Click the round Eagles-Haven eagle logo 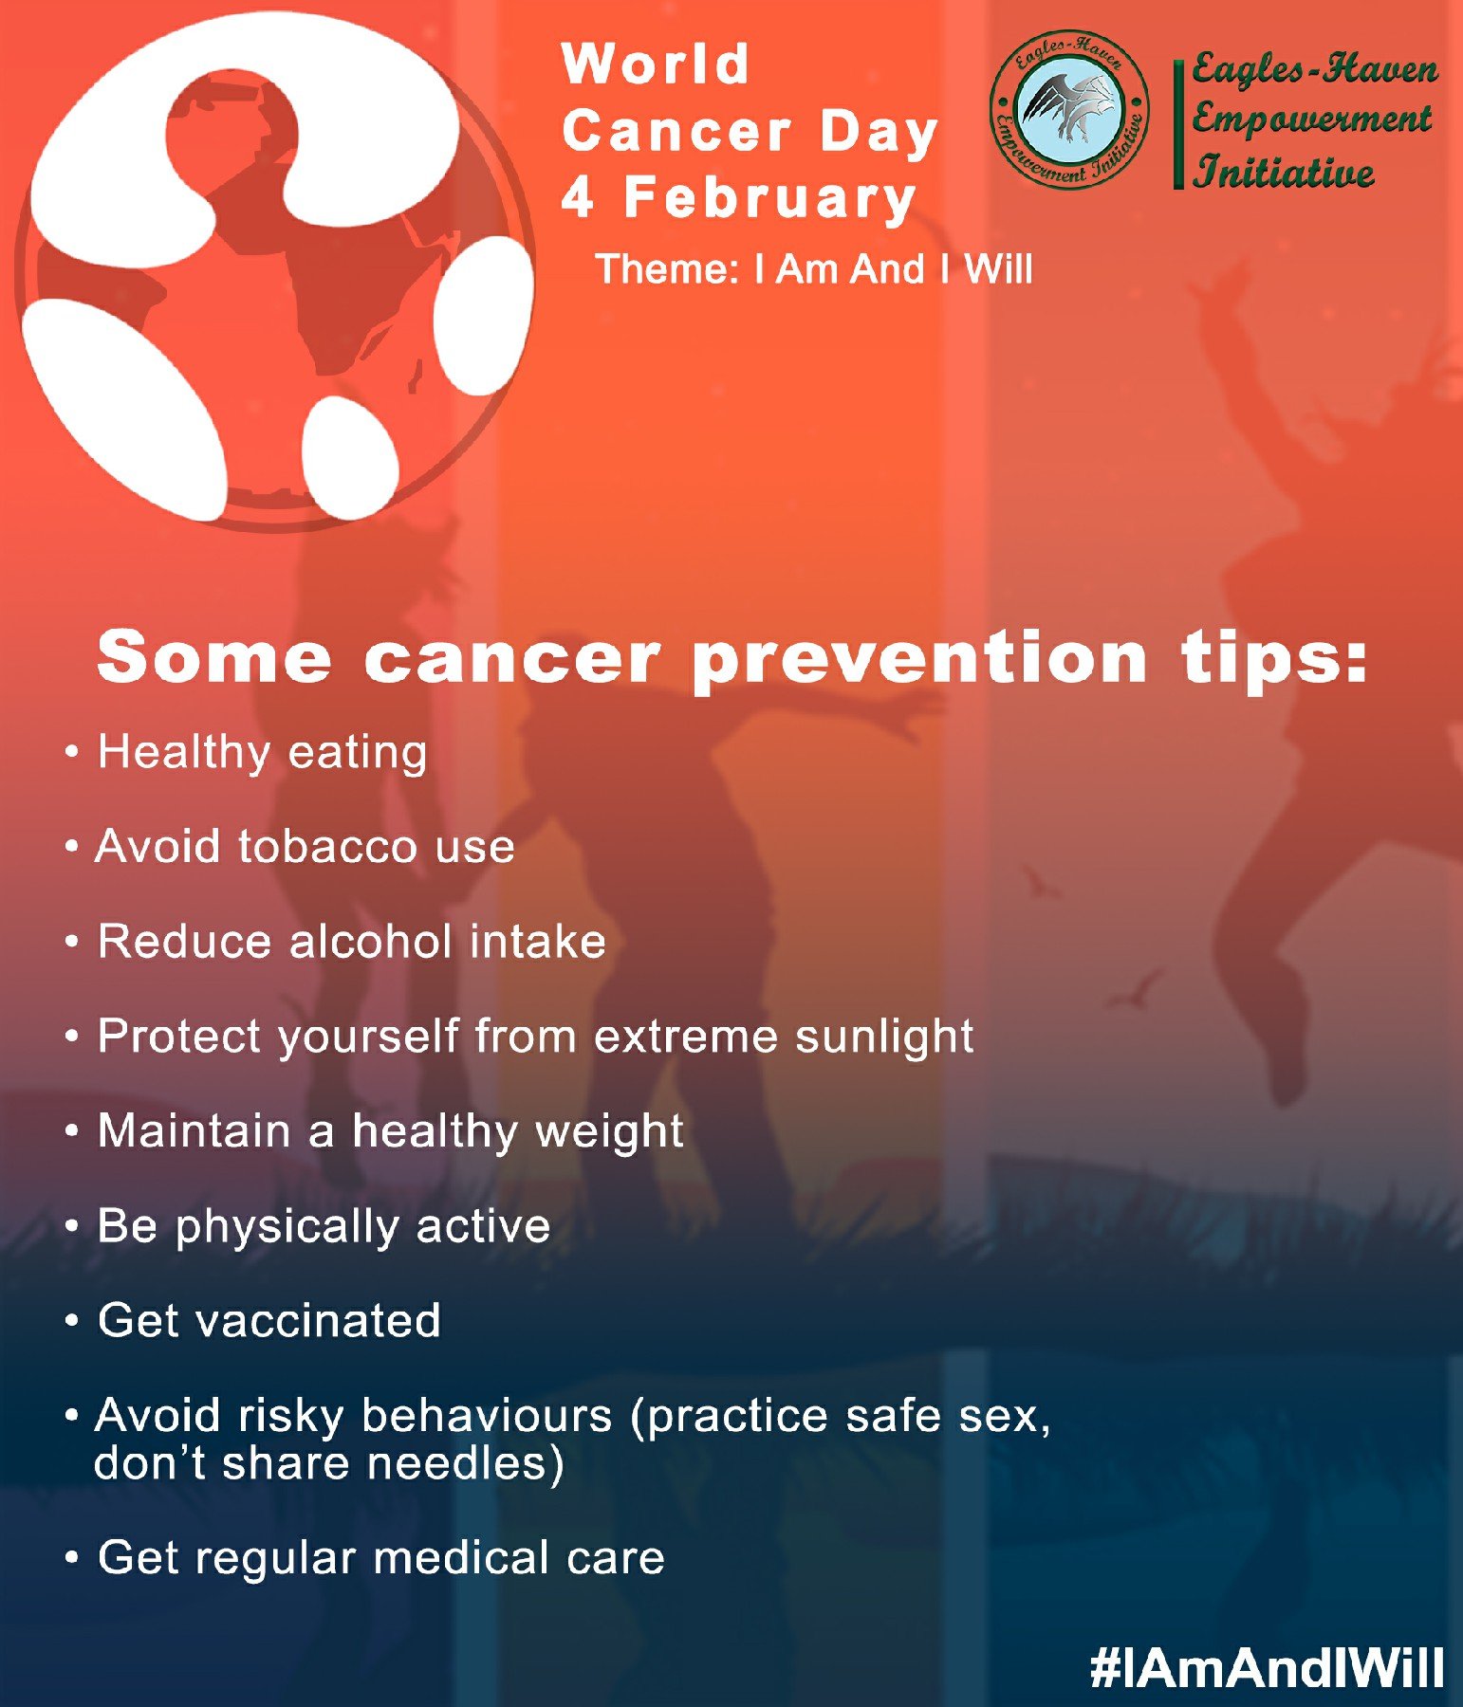click(x=1069, y=108)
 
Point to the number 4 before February click(x=578, y=197)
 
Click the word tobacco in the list click(x=327, y=846)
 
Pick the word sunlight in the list click(x=884, y=1037)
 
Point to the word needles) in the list click(x=466, y=1463)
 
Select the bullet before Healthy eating click(x=71, y=753)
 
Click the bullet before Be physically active click(x=71, y=1227)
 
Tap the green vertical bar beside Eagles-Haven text click(x=1178, y=124)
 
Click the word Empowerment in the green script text click(x=1312, y=120)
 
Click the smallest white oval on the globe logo click(x=349, y=458)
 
